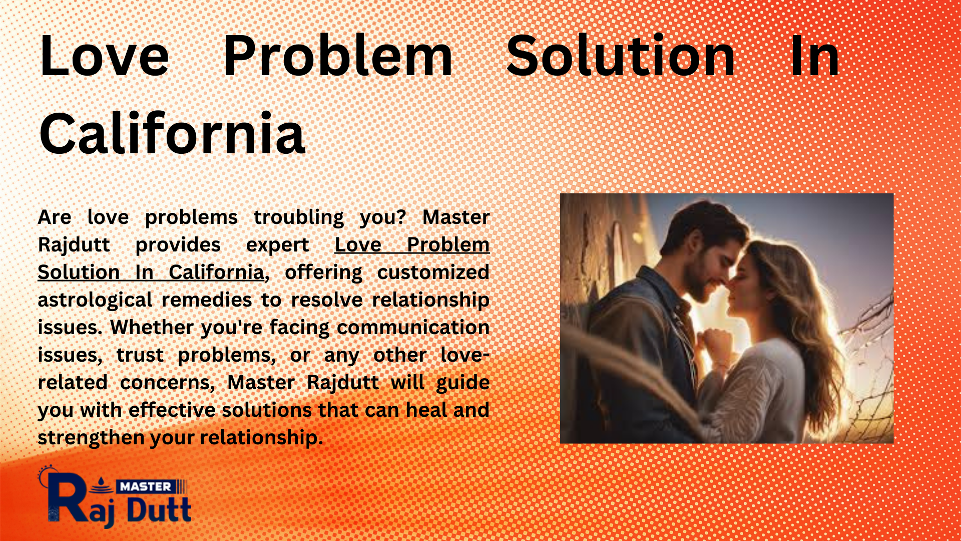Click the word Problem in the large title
[x=338, y=56]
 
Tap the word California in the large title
[x=172, y=133]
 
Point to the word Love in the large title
[x=104, y=56]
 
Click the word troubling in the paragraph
[x=299, y=217]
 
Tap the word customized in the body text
[x=433, y=273]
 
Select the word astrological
[x=95, y=300]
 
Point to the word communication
[x=413, y=327]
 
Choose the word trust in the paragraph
[x=140, y=355]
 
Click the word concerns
[x=168, y=383]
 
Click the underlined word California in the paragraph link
[x=216, y=273]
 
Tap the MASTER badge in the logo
[x=146, y=486]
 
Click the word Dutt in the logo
[x=159, y=510]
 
